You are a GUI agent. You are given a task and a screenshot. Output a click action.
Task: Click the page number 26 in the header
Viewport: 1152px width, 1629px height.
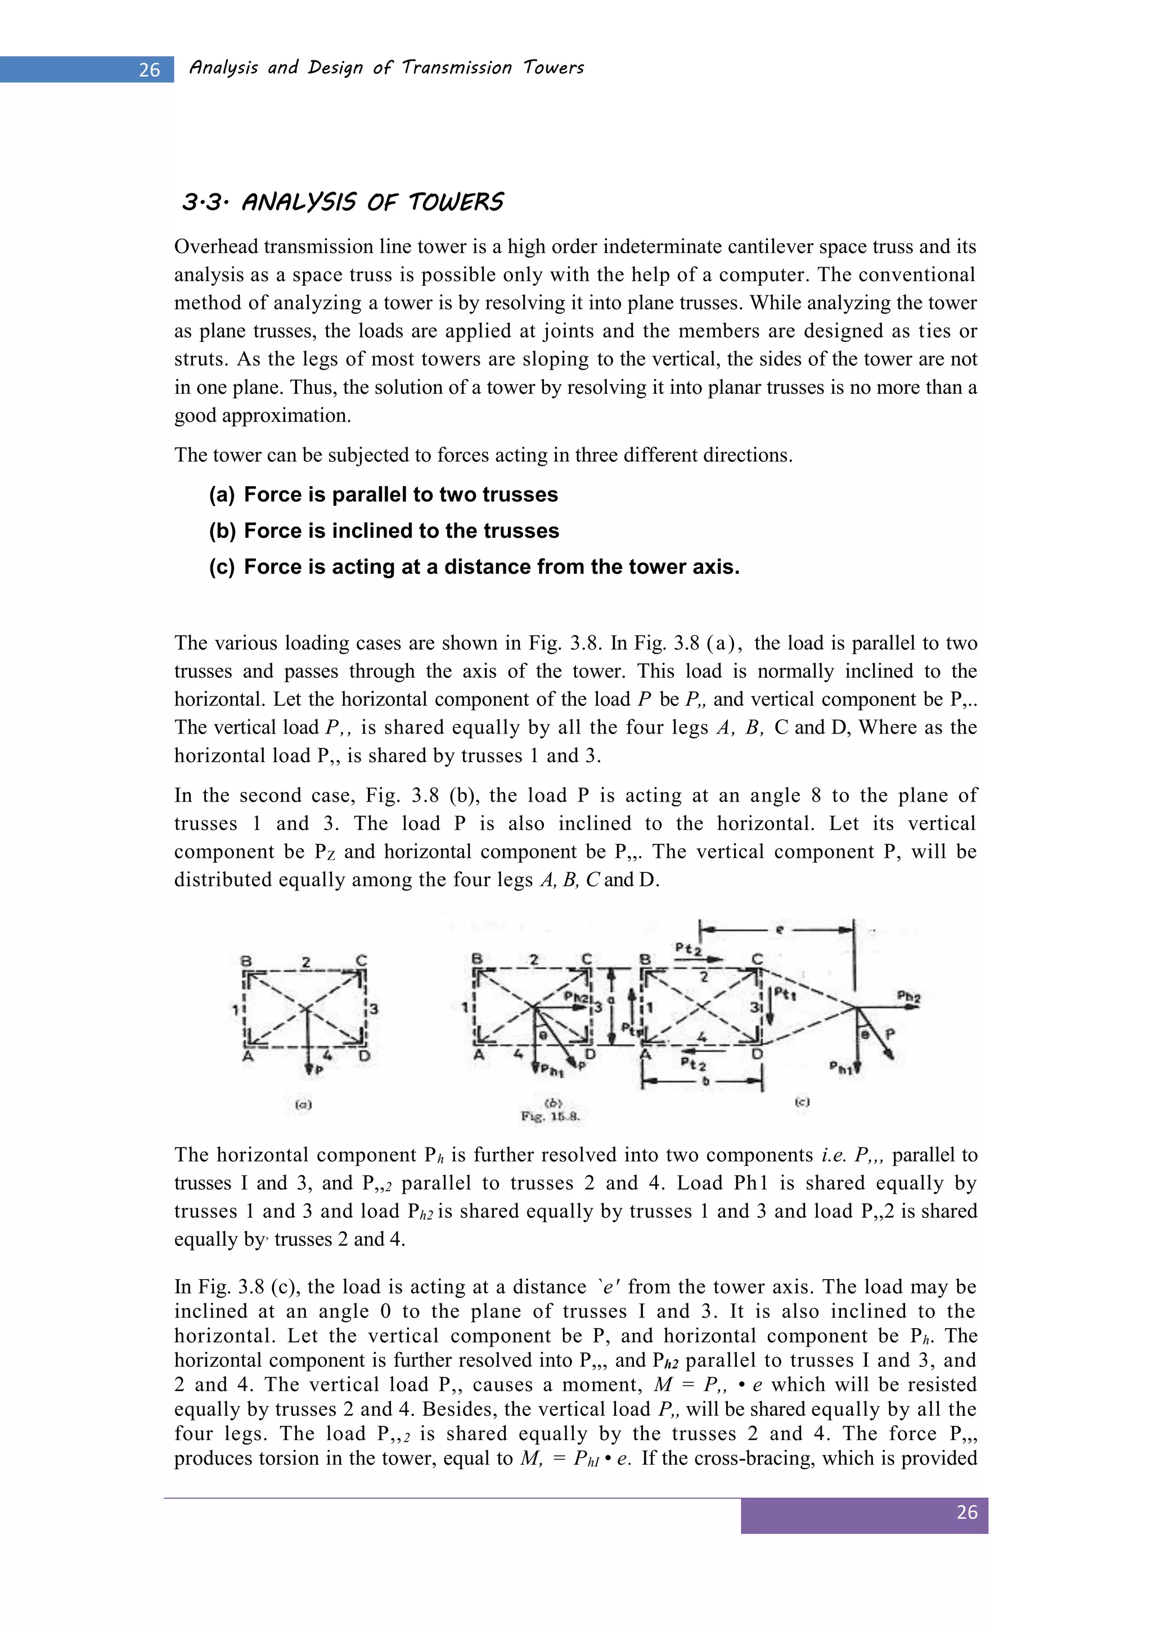pyautogui.click(x=150, y=70)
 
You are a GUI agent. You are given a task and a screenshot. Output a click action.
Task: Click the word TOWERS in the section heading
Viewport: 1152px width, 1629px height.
pyautogui.click(x=456, y=203)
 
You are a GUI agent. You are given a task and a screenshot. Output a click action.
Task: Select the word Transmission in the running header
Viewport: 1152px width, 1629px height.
pyautogui.click(x=456, y=68)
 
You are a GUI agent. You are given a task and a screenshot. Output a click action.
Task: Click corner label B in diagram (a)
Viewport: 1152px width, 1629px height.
pyautogui.click(x=246, y=962)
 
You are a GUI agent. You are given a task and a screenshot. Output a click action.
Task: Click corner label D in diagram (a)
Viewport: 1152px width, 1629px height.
pyautogui.click(x=364, y=1056)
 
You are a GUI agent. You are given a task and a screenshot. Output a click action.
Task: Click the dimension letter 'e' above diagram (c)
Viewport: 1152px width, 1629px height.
pyautogui.click(x=780, y=929)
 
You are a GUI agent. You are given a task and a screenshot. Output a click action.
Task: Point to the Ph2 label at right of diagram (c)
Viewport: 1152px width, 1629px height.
pyautogui.click(x=908, y=996)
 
